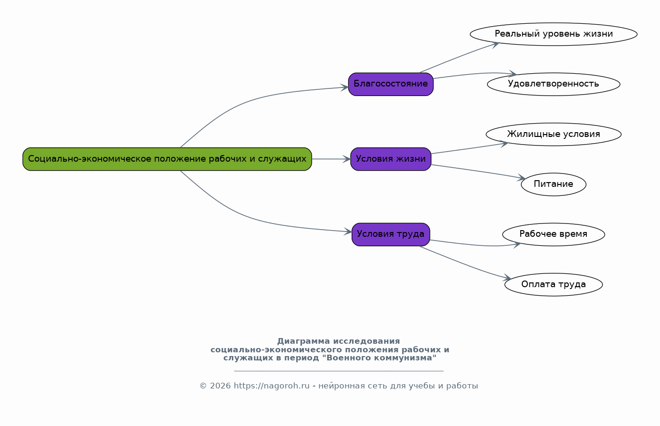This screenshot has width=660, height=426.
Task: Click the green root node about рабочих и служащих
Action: pyautogui.click(x=167, y=159)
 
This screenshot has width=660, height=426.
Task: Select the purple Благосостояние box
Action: pyautogui.click(x=391, y=84)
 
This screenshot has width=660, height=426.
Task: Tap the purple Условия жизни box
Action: pyautogui.click(x=391, y=159)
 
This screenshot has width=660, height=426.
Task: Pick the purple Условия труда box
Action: pyautogui.click(x=391, y=234)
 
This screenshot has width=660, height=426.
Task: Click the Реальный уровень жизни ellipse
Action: pyautogui.click(x=554, y=34)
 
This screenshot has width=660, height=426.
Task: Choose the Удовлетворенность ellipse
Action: pyautogui.click(x=554, y=84)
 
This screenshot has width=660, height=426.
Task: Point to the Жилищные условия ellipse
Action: pyautogui.click(x=554, y=135)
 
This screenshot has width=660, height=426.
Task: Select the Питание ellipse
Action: pyautogui.click(x=554, y=184)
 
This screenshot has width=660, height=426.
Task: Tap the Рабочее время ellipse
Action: pyautogui.click(x=554, y=234)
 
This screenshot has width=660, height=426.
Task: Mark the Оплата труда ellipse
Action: pyautogui.click(x=554, y=284)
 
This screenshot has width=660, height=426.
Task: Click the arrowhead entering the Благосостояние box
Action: pyautogui.click(x=345, y=87)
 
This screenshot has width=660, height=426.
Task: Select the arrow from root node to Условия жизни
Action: pyautogui.click(x=331, y=159)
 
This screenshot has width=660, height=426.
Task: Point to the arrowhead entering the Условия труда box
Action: pyautogui.click(x=348, y=232)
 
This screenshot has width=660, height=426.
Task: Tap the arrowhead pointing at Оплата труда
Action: pyautogui.click(x=507, y=277)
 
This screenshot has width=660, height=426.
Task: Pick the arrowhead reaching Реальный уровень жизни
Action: pyautogui.click(x=495, y=45)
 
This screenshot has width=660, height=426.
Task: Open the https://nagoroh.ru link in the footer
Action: pyautogui.click(x=272, y=386)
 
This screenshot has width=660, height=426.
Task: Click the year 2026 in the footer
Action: pyautogui.click(x=220, y=386)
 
